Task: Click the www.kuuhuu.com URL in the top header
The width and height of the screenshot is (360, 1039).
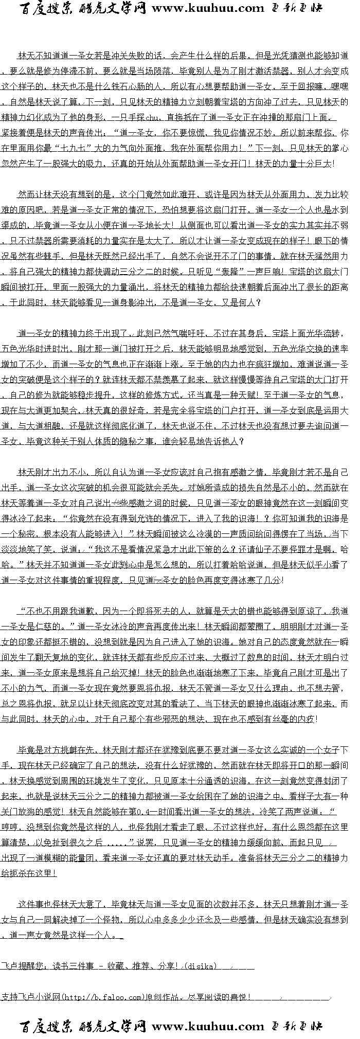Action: [x=208, y=8]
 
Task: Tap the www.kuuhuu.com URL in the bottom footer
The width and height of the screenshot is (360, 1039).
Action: [x=208, y=1027]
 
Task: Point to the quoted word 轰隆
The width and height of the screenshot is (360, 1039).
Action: [x=219, y=272]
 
